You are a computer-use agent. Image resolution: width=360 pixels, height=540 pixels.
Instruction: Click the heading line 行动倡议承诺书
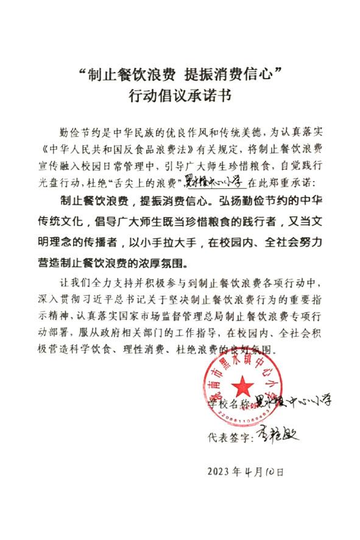click(179, 96)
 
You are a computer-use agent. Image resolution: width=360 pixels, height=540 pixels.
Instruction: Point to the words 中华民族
click(126, 130)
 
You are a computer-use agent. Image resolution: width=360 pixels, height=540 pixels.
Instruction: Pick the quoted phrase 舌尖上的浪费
click(147, 182)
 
